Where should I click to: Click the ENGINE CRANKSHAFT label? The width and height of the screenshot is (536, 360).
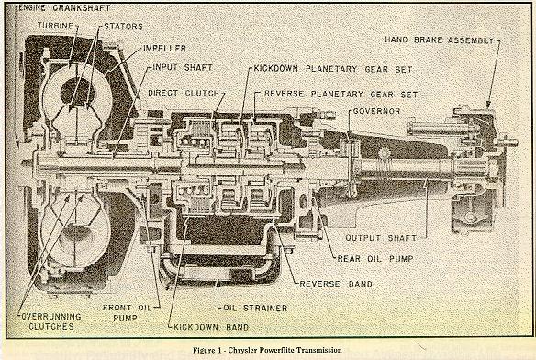(x=64, y=8)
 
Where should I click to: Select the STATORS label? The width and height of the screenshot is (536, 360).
(x=123, y=27)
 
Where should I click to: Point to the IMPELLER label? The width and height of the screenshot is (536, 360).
(x=165, y=49)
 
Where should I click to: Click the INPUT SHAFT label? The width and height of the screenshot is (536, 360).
(x=183, y=67)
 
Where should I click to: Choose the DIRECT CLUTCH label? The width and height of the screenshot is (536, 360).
(x=184, y=93)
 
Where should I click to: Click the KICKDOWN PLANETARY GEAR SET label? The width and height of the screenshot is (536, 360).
(x=333, y=69)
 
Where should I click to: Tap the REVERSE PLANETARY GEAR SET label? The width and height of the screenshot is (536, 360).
(x=341, y=94)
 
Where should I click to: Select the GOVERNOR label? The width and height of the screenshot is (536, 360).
(x=376, y=111)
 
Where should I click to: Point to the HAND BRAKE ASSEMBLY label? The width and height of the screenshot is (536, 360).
(x=440, y=40)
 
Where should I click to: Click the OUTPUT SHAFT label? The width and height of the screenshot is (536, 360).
(x=381, y=238)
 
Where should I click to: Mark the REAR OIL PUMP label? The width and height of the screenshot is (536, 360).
(x=375, y=259)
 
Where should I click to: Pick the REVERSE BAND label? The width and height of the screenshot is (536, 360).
(x=336, y=284)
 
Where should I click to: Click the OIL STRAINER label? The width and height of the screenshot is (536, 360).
(x=255, y=308)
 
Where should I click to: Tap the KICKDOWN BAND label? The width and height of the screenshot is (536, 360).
(x=211, y=327)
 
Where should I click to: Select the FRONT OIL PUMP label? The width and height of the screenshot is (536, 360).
(x=127, y=313)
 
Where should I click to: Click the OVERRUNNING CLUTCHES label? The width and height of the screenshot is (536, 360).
(x=51, y=321)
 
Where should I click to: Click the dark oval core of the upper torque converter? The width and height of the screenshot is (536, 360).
(x=78, y=91)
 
